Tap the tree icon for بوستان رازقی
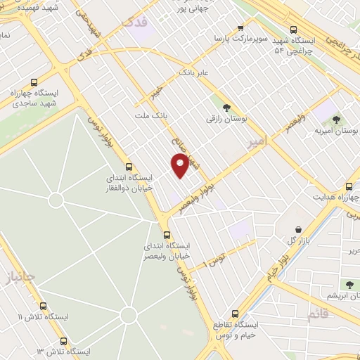pyautogui.click(x=226, y=108)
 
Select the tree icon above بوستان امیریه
pyautogui.click(x=335, y=120)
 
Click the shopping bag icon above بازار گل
pyautogui.click(x=299, y=229)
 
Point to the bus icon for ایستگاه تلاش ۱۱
pyautogui.click(x=44, y=307)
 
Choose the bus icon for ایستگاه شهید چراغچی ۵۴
pyautogui.click(x=295, y=31)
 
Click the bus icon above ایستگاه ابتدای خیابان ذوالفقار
pyautogui.click(x=128, y=167)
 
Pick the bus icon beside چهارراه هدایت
pyautogui.click(x=349, y=187)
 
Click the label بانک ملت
pyautogui.click(x=150, y=114)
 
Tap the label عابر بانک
pyautogui.click(x=195, y=72)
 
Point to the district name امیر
pyautogui.click(x=258, y=143)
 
